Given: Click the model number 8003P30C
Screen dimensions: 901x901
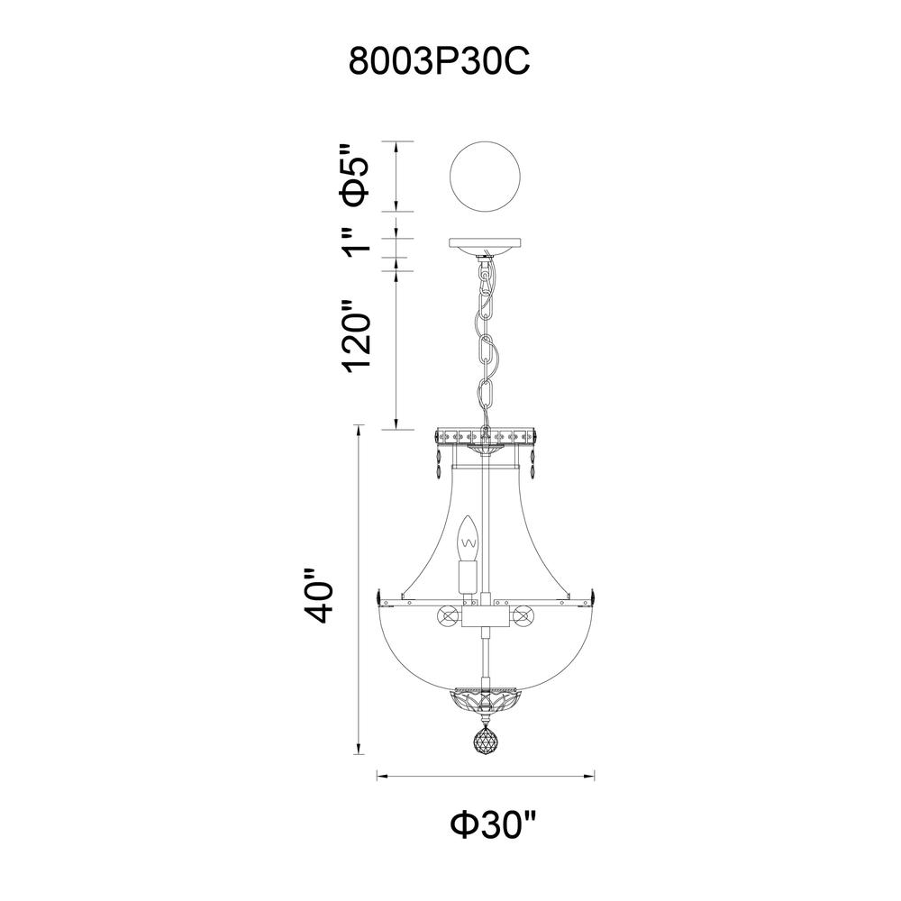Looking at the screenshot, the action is point(440,61).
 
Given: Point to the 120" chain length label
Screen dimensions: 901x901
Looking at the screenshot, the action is point(357,335).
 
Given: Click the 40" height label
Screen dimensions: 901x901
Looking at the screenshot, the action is point(318,596).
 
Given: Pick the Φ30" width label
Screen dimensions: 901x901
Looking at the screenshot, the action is point(493,825).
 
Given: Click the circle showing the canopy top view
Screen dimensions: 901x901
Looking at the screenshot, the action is point(486,176).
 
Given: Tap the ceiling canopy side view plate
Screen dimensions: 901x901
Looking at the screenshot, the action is point(486,245).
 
